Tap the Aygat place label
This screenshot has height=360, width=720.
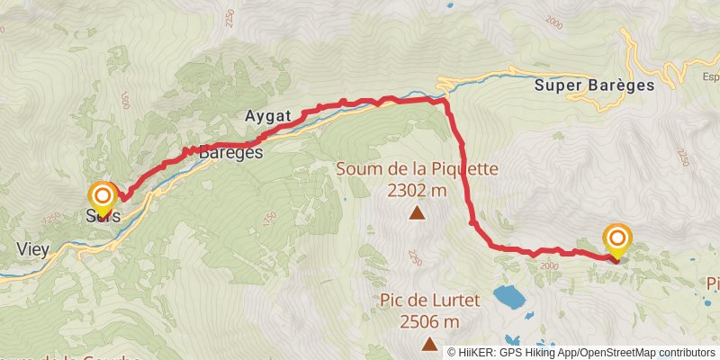pyautogui.click(x=266, y=116)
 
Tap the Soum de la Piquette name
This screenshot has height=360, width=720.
pyautogui.click(x=418, y=168)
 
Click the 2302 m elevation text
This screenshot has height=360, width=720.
pyautogui.click(x=418, y=190)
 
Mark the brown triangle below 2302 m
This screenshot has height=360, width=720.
pyautogui.click(x=417, y=213)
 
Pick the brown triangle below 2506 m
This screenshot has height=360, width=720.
pyautogui.click(x=430, y=344)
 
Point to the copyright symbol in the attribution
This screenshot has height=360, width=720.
pyautogui.click(x=453, y=352)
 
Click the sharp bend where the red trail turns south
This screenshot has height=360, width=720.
pyautogui.click(x=445, y=102)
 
